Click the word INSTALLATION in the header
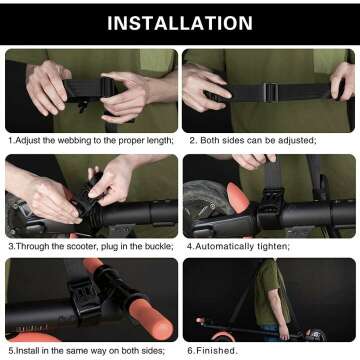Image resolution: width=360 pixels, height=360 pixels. [180, 22]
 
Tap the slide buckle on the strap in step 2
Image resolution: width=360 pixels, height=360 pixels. [270, 91]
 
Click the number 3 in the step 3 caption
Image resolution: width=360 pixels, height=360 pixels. [9, 245]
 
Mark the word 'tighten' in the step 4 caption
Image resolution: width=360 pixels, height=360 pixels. [277, 245]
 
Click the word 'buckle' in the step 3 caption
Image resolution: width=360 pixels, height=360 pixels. [155, 245]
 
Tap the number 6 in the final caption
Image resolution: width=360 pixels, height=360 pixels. [190, 350]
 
